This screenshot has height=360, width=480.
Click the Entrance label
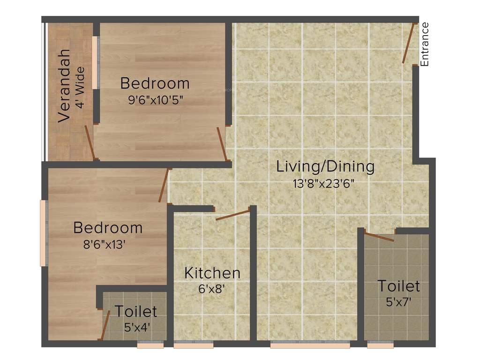tap(425, 44)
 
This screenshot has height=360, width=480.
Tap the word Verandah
tap(64, 85)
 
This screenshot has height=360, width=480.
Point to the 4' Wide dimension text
tap(80, 88)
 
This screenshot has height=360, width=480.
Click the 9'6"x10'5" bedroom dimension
tap(155, 101)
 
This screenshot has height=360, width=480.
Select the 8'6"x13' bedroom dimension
tap(104, 244)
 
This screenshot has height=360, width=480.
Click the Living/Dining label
tap(325, 166)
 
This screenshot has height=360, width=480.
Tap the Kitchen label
tap(212, 273)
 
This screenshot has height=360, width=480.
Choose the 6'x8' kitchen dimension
tap(212, 289)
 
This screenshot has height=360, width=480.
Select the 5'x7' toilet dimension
tap(398, 302)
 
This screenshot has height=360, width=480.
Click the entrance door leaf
tap(409, 43)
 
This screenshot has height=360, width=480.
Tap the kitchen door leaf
tap(233, 215)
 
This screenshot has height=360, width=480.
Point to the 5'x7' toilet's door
tap(379, 237)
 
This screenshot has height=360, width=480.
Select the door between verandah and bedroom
tap(90, 142)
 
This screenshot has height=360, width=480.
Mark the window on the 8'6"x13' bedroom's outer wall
tap(44, 233)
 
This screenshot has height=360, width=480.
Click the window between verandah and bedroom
tap(95, 62)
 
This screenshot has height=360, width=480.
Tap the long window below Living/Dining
tap(310, 345)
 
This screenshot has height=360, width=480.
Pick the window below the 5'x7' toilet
tap(380, 345)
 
